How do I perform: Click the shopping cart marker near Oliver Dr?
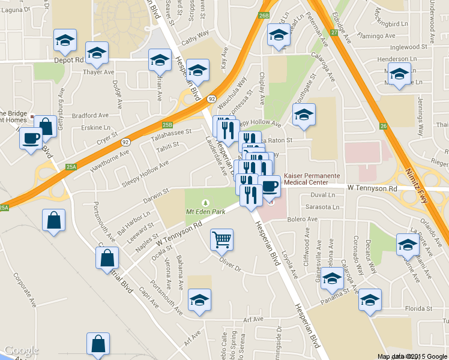coord(221,240)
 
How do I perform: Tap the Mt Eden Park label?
coord(206,212)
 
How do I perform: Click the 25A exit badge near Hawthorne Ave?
coord(71,166)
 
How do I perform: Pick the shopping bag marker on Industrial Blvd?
coord(107,259)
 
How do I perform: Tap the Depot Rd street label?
coord(71,60)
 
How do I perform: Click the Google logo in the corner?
coord(21,351)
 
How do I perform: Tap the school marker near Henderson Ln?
coord(399,74)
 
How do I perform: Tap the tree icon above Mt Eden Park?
coord(206,202)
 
